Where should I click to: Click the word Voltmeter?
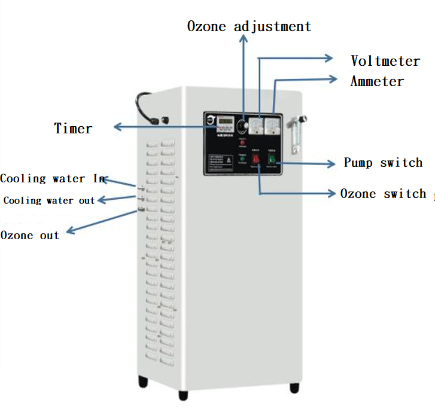tap(385, 61)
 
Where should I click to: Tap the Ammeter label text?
tap(377, 81)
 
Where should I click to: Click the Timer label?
tap(73, 128)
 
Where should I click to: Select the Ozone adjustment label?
tap(249, 27)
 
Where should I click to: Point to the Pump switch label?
tap(383, 163)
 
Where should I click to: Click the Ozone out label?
tap(30, 235)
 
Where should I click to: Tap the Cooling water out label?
tap(49, 200)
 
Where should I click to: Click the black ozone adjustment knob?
tap(243, 126)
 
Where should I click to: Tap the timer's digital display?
tap(225, 121)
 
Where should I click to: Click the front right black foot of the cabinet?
tap(294, 387)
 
